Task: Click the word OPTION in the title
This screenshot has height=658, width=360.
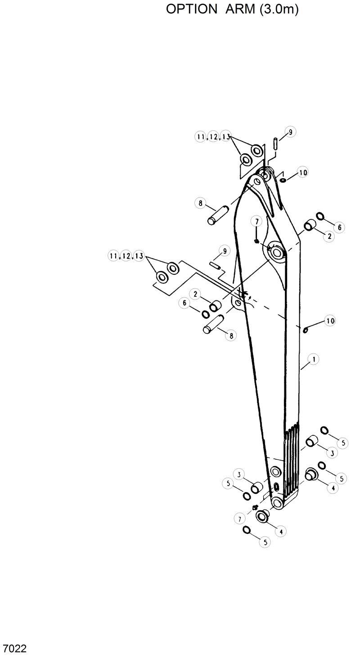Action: pyautogui.click(x=191, y=9)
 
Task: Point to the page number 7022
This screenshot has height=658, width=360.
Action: pyautogui.click(x=14, y=649)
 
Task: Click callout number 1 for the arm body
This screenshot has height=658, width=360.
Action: pyautogui.click(x=314, y=359)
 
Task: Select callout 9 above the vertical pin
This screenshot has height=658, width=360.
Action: pyautogui.click(x=290, y=132)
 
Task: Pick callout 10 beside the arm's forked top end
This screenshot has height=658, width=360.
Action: pyautogui.click(x=303, y=172)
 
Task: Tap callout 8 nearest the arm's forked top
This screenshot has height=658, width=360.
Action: pyautogui.click(x=200, y=203)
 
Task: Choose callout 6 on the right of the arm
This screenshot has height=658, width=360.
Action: pyautogui.click(x=340, y=228)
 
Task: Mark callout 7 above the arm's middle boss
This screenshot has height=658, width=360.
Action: pyautogui.click(x=256, y=221)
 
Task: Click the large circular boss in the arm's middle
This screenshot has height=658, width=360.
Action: pyautogui.click(x=276, y=252)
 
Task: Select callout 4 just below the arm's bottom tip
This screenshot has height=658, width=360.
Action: pyautogui.click(x=280, y=531)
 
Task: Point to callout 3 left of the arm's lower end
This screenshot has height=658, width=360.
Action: pyautogui.click(x=239, y=474)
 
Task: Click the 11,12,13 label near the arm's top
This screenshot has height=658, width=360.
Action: pyautogui.click(x=213, y=136)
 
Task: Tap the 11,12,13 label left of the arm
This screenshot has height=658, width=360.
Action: pyautogui.click(x=126, y=256)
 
